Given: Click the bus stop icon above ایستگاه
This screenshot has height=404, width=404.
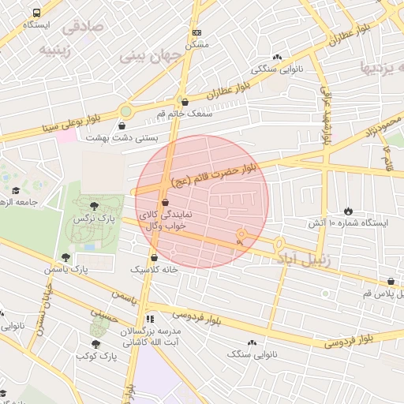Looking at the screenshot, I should click(37, 13).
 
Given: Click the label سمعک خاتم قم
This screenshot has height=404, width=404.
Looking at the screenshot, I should click(185, 114).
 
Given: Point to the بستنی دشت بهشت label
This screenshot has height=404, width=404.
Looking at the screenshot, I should click(122, 137).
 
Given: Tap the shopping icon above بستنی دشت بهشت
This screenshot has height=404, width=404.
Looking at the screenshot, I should click(122, 125).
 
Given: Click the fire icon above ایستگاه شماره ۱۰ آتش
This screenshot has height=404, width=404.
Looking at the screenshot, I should click(348, 211).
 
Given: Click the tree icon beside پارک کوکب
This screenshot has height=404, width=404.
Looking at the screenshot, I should click(96, 344).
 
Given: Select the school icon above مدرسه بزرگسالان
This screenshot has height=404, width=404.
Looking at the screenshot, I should click(150, 320).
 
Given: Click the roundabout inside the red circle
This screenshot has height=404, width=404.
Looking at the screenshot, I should click(241, 234).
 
